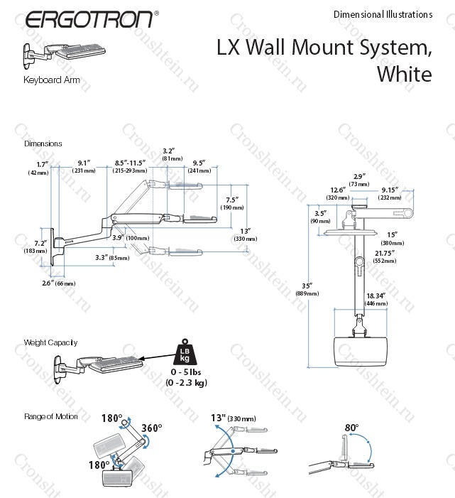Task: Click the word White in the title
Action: pos(405,74)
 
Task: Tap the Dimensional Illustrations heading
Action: pos(382,14)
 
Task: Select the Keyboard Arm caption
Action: pos(52,80)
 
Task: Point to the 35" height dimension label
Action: pos(305,286)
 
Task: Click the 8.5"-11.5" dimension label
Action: pos(129,163)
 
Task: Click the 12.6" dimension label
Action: pos(337,190)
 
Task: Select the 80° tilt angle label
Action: pos(351,428)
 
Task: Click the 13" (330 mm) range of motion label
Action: pos(234,418)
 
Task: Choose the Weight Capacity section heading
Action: pos(50,342)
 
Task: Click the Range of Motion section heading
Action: pos(51,416)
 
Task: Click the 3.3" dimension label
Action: pos(103,257)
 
